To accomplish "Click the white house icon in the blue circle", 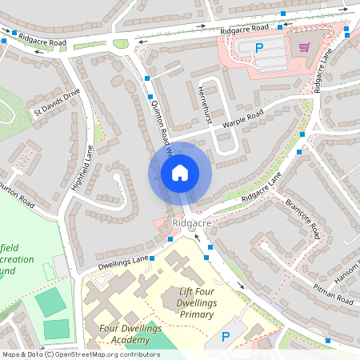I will point(180,172).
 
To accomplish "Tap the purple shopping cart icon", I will point(304,46).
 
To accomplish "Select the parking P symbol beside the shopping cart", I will point(258,47).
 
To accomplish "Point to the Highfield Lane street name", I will point(83,166).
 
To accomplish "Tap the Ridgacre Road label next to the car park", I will point(244,29).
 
